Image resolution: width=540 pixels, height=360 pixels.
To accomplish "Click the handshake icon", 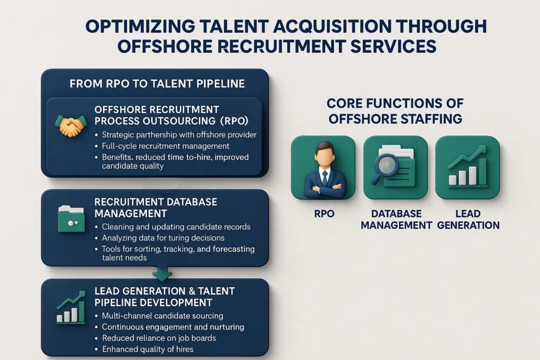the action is tap(71, 126).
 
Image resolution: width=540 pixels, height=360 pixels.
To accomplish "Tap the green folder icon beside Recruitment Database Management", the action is tap(71, 219).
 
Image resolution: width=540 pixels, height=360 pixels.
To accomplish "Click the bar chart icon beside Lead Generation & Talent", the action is tap(71, 307).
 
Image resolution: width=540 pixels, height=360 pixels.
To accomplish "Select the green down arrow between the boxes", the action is tap(162, 274).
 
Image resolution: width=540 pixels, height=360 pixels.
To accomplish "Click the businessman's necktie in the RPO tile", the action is tap(324, 178).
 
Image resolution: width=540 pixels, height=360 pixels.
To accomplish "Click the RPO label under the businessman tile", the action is tap(324, 213).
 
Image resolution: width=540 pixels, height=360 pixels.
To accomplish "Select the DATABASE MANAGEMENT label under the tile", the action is tap(396, 220).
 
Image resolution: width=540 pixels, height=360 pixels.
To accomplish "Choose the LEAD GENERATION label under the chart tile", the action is tap(468, 220).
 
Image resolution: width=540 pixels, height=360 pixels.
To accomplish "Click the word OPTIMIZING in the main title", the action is tap(140, 26).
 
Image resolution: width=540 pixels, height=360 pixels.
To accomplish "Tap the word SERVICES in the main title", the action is tap(393, 46).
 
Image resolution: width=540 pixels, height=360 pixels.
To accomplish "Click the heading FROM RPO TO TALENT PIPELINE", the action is tap(157, 84).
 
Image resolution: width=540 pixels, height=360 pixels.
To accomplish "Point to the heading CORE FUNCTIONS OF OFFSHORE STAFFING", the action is tap(395, 111).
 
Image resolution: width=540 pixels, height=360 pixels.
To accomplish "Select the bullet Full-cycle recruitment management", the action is tap(166, 146).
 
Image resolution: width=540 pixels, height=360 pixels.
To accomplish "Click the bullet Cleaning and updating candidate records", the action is tap(176, 227).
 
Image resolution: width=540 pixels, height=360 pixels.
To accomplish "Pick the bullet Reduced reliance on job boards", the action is tap(159, 338).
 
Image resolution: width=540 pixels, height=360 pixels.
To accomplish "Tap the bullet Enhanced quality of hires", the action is tap(148, 349).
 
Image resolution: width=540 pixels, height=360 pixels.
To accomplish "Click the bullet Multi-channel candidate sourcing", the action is tap(162, 316).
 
